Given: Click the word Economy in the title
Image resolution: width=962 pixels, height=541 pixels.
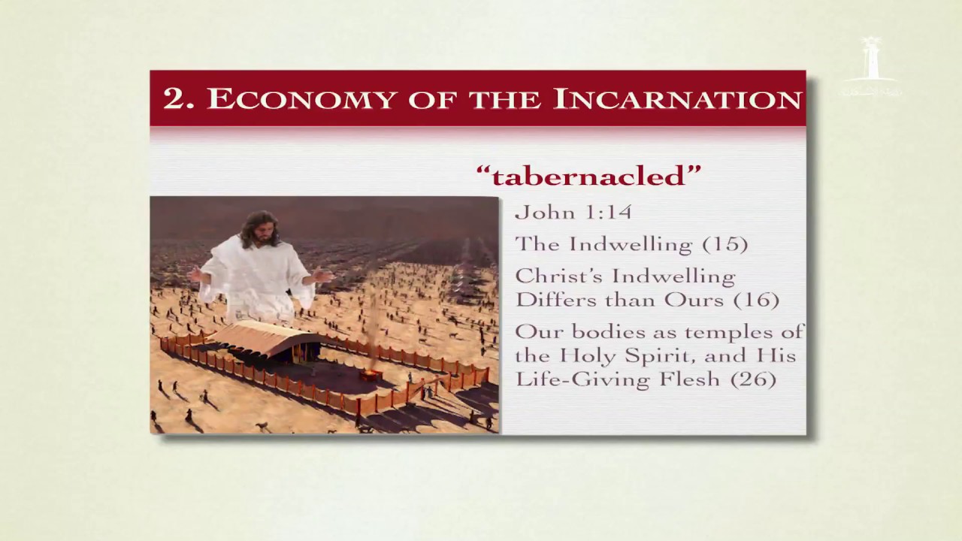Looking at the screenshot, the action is coord(301,98).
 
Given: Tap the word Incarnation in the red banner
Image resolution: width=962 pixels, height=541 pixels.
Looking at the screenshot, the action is coord(678,98).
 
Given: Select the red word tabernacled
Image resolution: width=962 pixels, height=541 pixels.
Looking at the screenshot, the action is coord(588,176).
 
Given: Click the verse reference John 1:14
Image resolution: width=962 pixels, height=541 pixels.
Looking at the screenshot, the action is coord(573,212).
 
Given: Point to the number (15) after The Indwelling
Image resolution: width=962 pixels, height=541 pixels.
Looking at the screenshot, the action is coord(725,244).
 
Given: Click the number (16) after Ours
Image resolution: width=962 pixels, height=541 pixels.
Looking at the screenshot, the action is coord(756,300).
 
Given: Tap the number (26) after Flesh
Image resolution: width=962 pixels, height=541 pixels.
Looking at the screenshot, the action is coord(753,379).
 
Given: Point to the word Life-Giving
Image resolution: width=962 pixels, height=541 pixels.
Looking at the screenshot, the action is coord(582,379).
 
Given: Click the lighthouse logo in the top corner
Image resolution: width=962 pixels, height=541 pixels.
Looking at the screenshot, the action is coord(871,65).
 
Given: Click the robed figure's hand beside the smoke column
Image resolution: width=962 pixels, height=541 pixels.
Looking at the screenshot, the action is coord(322,275).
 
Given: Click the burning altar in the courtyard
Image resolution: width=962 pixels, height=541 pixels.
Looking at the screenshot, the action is coord(371,375).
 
